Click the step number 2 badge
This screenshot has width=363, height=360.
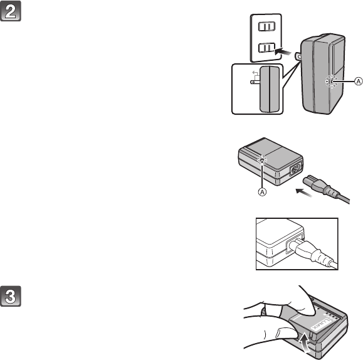11,11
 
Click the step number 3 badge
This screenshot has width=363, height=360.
11,296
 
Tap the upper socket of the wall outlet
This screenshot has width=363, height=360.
266,26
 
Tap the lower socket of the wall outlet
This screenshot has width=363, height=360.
266,48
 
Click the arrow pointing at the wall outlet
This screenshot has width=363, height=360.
283,52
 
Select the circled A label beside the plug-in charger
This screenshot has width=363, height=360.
359,82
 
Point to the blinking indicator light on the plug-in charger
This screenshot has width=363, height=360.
332,82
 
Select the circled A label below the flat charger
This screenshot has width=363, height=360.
262,192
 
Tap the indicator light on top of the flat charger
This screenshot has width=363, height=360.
262,160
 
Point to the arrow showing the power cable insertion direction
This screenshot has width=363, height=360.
304,193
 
